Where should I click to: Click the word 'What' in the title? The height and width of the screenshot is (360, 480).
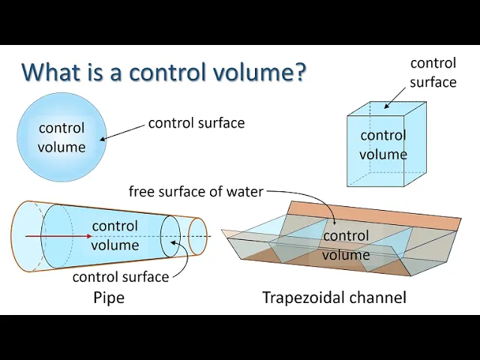click(x=51, y=72)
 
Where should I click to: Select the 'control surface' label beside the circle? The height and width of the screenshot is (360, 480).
click(x=196, y=123)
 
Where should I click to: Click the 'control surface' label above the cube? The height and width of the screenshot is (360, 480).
click(x=433, y=73)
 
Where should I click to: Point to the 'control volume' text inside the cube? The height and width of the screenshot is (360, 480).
click(x=383, y=145)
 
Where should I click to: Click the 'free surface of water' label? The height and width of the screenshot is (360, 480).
click(x=196, y=191)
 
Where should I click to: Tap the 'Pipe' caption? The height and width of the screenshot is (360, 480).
click(x=109, y=298)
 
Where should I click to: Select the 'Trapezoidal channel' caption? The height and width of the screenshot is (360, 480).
click(x=334, y=298)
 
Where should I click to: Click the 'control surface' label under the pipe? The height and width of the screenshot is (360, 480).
click(x=120, y=277)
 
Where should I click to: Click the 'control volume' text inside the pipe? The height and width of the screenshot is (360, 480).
click(x=115, y=235)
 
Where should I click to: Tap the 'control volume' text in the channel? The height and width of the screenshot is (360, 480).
click(x=346, y=245)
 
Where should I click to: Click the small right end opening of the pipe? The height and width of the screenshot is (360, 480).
click(x=198, y=236)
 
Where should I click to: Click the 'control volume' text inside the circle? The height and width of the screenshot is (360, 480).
click(x=61, y=137)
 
